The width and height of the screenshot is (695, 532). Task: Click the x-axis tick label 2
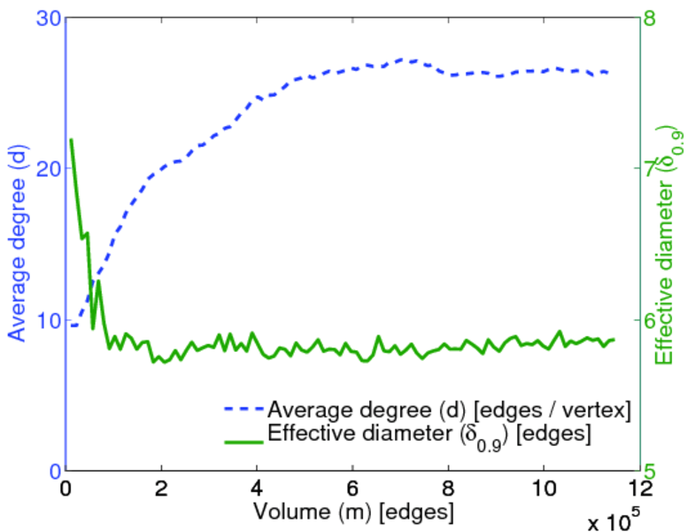point(161,489)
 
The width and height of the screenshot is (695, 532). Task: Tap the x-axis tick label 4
point(257,489)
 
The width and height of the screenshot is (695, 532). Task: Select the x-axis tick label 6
point(352,489)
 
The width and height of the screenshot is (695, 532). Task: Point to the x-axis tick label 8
point(448,489)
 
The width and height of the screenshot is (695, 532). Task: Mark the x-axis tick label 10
point(544,489)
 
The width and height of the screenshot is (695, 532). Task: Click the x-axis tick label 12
point(639,489)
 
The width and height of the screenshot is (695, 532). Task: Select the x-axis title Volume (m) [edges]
point(354,512)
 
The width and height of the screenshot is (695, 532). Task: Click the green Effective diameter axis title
point(670,245)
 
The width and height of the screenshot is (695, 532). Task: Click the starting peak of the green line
point(71,140)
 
